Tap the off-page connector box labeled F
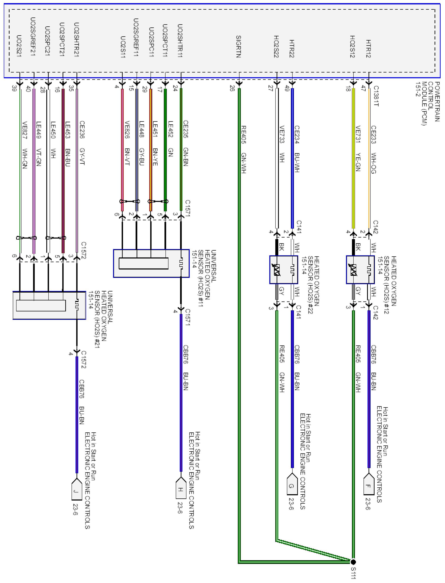point(369,486)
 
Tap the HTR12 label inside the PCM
point(368,48)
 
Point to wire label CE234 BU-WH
point(297,149)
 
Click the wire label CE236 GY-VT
point(82,143)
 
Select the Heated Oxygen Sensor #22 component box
point(283,270)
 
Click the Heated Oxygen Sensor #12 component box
point(360,270)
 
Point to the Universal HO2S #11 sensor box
point(151,263)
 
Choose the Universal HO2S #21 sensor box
point(49,305)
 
